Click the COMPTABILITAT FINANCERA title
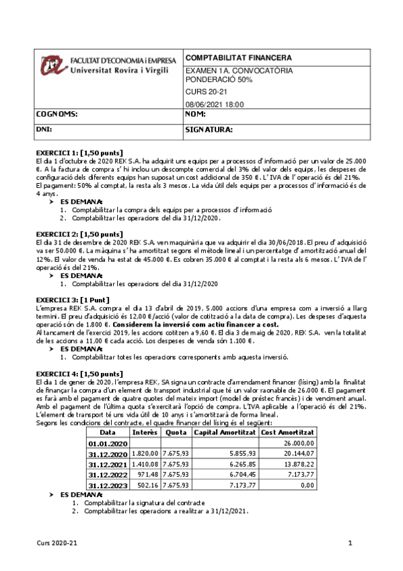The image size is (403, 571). pos(229,58)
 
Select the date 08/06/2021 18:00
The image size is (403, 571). pos(214,104)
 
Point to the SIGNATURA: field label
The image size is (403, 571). pos(209,128)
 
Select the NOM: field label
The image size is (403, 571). pos(196,114)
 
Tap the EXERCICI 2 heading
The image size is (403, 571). pos(78,234)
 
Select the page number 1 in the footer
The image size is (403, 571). pos(350,543)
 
